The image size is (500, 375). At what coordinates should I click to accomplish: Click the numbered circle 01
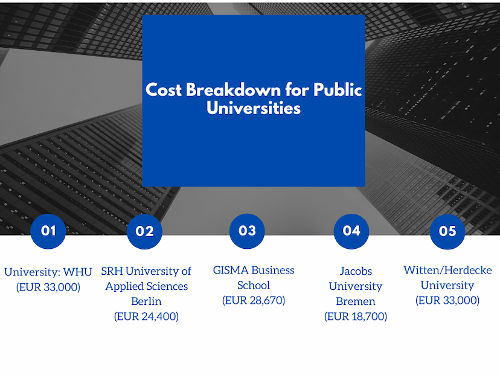click(48, 231)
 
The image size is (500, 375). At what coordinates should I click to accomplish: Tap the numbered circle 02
click(144, 231)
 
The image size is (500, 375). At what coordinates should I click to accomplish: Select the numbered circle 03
click(247, 231)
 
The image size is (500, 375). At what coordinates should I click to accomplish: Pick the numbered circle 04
click(351, 231)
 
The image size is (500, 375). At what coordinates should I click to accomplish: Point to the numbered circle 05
click(447, 231)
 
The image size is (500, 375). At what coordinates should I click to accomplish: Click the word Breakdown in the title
click(234, 89)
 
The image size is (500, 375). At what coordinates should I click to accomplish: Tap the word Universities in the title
click(254, 108)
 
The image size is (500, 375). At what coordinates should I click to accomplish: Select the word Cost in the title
click(163, 89)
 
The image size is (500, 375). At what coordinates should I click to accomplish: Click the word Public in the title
click(338, 89)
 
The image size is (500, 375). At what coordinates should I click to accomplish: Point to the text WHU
click(77, 272)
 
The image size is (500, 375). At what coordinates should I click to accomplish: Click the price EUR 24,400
click(146, 316)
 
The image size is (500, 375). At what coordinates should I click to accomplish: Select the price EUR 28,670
click(254, 300)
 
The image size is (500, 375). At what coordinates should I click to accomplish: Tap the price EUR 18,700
click(356, 316)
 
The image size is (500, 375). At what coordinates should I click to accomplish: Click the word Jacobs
click(356, 271)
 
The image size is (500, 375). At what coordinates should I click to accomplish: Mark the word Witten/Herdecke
click(447, 270)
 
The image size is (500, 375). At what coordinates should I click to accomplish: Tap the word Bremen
click(356, 301)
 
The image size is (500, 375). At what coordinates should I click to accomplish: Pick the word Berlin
click(146, 301)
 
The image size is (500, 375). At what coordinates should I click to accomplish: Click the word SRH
click(112, 271)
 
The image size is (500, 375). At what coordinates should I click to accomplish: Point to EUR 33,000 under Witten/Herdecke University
click(447, 300)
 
